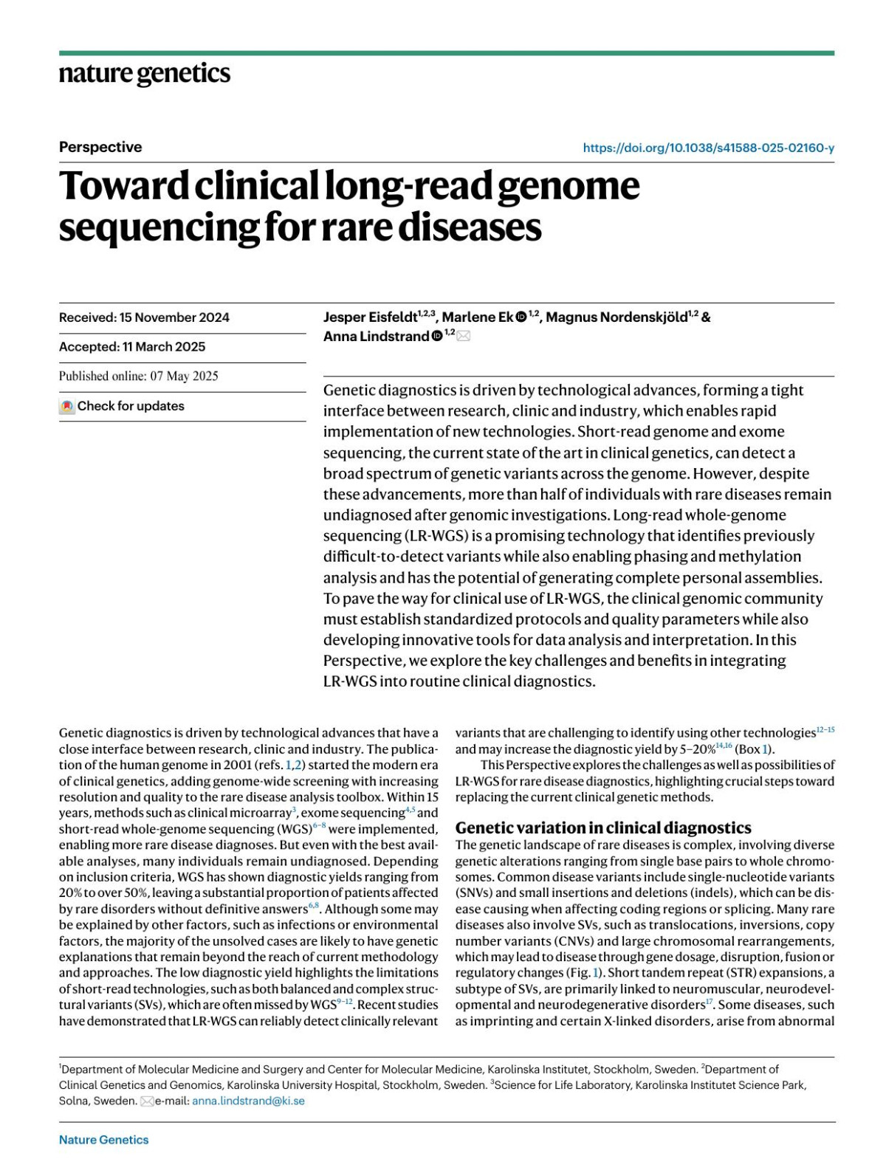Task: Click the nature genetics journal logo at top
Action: click(145, 74)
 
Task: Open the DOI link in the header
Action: click(708, 148)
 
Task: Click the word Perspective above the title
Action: click(100, 147)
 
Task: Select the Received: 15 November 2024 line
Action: click(144, 317)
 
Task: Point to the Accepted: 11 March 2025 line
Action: click(132, 347)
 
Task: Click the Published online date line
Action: click(139, 376)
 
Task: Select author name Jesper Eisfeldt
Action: click(370, 317)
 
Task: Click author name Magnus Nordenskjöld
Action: click(617, 317)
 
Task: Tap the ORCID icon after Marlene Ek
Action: click(521, 317)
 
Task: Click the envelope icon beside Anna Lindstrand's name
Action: click(463, 337)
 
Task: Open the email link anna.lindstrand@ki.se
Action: click(248, 1101)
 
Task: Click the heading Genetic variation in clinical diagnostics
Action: click(602, 828)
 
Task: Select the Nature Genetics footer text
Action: click(103, 1140)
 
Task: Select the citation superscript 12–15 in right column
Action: click(825, 730)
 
